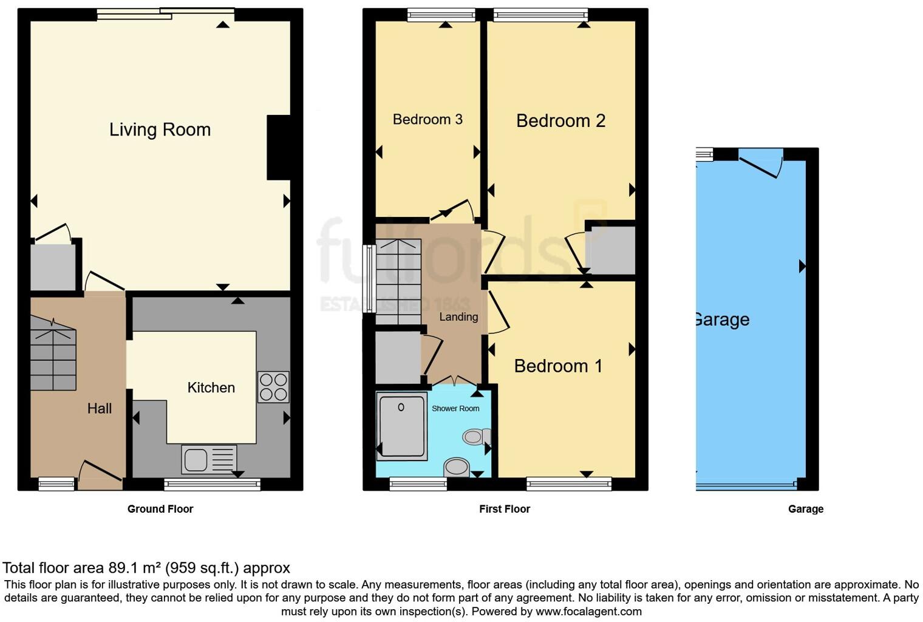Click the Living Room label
pyautogui.click(x=160, y=129)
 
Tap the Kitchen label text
pyautogui.click(x=211, y=388)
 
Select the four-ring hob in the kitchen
pyautogui.click(x=273, y=387)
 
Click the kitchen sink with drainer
pyautogui.click(x=209, y=459)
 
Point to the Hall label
pyautogui.click(x=100, y=408)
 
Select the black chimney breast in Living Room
pyautogui.click(x=278, y=148)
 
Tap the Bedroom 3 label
pyautogui.click(x=427, y=119)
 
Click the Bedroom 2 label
pyautogui.click(x=560, y=121)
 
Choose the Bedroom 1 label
pyautogui.click(x=557, y=366)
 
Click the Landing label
pyautogui.click(x=458, y=316)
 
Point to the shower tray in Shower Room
pyautogui.click(x=401, y=425)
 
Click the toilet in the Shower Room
pyautogui.click(x=477, y=436)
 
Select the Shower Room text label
pyautogui.click(x=455, y=408)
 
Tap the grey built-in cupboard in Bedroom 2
pyautogui.click(x=612, y=250)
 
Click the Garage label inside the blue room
pyautogui.click(x=722, y=320)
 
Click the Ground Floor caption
pyautogui.click(x=160, y=509)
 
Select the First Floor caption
pyautogui.click(x=504, y=509)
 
